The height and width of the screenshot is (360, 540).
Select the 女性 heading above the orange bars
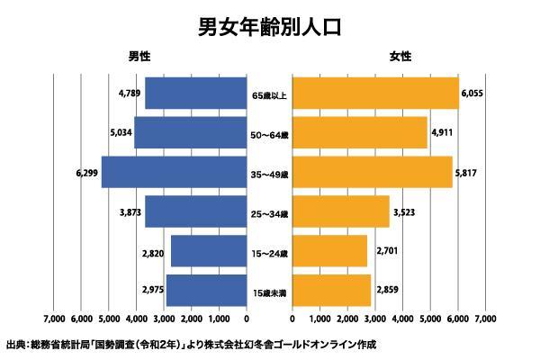coord(400,57)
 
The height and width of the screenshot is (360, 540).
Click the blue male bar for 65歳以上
coord(195,94)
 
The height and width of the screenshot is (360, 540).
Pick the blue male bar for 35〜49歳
coord(174,172)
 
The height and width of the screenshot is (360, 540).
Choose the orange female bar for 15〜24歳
coord(329,250)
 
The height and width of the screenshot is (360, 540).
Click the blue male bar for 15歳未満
coord(206,289)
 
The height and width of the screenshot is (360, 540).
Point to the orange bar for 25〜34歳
coord(341,211)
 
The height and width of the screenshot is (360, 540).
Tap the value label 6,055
coord(473,94)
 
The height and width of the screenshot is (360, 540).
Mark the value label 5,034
coord(121,132)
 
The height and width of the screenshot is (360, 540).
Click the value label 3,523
coord(407,211)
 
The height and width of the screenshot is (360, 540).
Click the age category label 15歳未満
coord(269,292)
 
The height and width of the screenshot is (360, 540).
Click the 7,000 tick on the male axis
coord(53,319)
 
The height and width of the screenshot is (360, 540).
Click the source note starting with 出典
coord(189,345)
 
